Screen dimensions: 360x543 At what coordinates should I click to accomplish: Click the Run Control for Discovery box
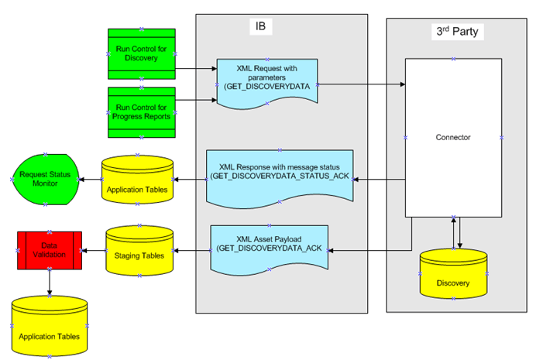[x=141, y=53]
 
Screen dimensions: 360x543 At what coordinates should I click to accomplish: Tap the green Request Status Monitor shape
[x=45, y=180]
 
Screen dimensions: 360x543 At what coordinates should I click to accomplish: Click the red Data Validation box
[x=50, y=249]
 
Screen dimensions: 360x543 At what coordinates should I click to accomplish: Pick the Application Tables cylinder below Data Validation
[x=50, y=325]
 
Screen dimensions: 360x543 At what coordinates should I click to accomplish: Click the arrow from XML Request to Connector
[x=360, y=84]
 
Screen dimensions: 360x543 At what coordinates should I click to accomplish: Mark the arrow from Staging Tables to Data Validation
[x=94, y=250]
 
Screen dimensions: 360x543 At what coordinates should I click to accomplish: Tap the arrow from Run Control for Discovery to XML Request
[x=194, y=69]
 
